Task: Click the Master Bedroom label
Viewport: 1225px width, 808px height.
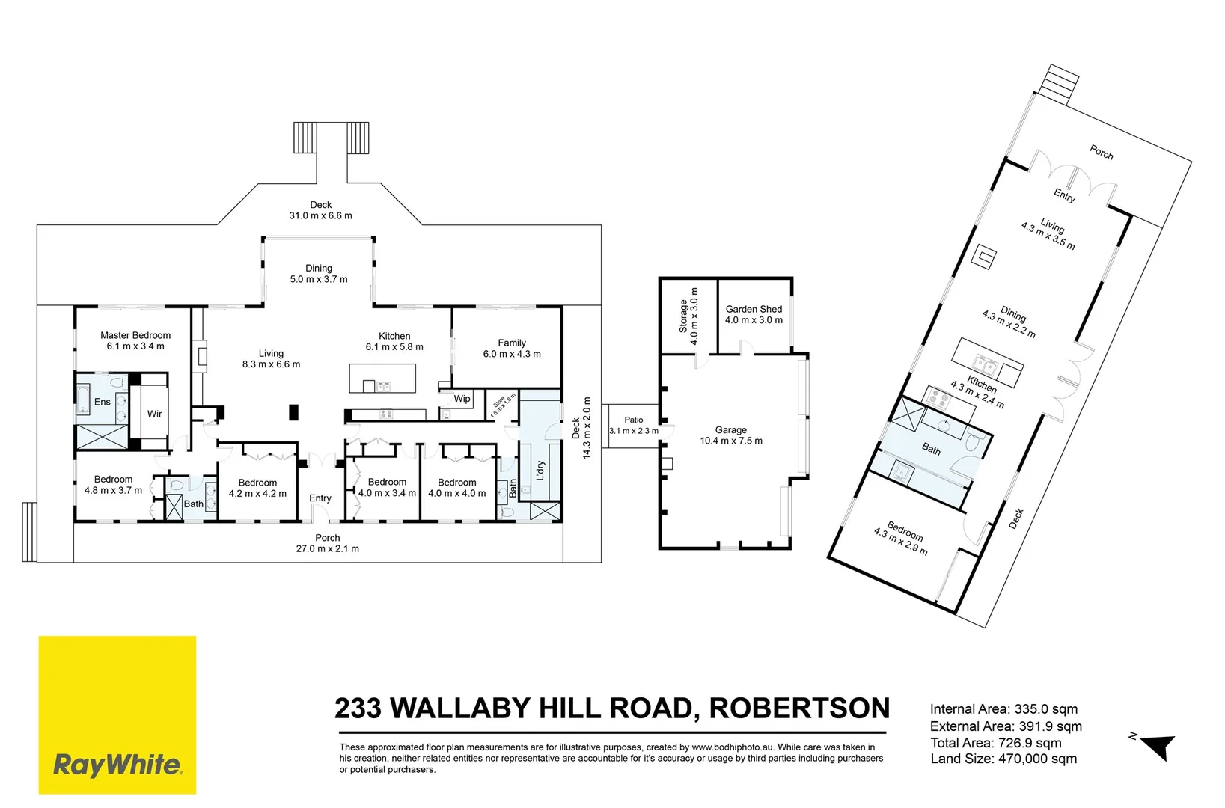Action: (x=135, y=335)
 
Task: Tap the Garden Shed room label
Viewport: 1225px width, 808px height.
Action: (x=754, y=309)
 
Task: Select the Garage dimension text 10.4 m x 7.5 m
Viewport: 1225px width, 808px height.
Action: (x=731, y=441)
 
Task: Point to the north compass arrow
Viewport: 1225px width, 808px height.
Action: (x=1159, y=746)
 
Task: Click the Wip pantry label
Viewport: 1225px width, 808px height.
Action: (x=462, y=399)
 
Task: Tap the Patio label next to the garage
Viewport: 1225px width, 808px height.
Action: (x=634, y=420)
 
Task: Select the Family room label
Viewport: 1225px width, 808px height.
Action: (x=512, y=343)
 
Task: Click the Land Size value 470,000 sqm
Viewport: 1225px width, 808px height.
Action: (x=1037, y=759)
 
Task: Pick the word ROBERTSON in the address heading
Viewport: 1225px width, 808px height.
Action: (x=799, y=708)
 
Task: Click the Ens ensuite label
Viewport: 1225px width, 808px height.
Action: (x=103, y=402)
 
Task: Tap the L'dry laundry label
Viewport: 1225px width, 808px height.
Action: (x=540, y=471)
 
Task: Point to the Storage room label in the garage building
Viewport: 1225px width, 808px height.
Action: (x=683, y=316)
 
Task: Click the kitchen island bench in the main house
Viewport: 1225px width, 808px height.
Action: (x=382, y=378)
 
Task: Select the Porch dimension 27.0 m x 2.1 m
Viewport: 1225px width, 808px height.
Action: (x=328, y=549)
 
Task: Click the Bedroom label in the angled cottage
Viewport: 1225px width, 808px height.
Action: (x=905, y=531)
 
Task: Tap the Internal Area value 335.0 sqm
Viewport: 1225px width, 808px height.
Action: (x=1045, y=709)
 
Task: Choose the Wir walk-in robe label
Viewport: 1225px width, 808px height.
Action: (x=154, y=414)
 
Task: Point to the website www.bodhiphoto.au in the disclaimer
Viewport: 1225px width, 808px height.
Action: (x=732, y=747)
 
